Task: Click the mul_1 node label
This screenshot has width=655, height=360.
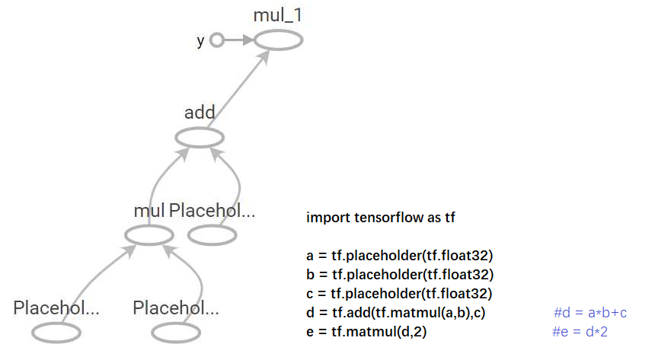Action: (279, 15)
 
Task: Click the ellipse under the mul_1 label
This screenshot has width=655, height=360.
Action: (279, 40)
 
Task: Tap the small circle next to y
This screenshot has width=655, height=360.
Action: (217, 40)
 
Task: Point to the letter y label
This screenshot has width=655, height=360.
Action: (200, 41)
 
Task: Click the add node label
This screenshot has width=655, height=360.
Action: (200, 113)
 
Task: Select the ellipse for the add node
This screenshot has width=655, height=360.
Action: (200, 138)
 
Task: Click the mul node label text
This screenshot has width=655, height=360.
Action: (149, 211)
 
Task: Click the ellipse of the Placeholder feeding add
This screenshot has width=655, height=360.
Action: (212, 235)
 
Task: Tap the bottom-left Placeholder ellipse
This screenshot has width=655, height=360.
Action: (56, 333)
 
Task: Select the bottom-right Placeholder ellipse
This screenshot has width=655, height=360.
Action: (176, 333)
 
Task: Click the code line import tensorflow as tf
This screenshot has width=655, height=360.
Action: (381, 217)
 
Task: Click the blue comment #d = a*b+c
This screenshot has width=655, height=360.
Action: (589, 312)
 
